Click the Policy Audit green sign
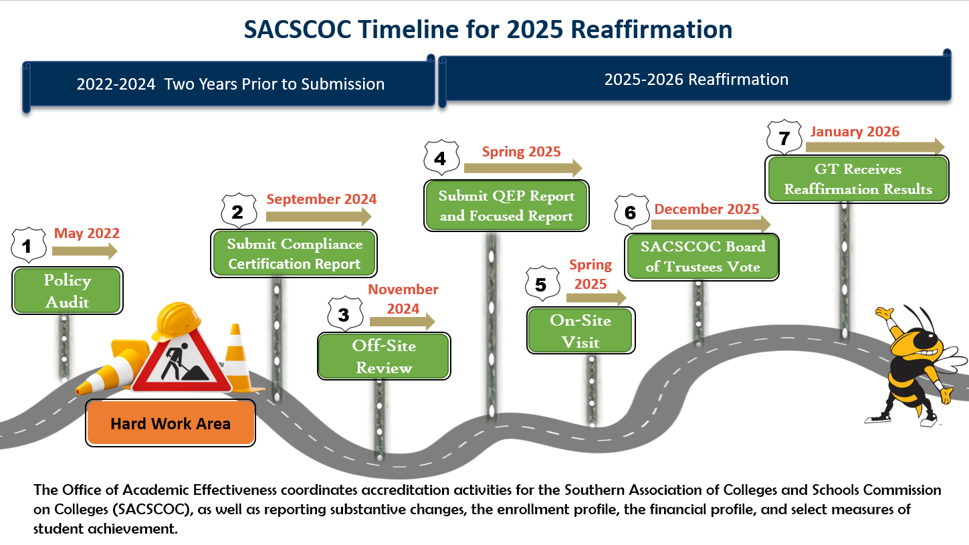[x=68, y=291]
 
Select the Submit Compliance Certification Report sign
[x=294, y=253]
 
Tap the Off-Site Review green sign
[x=384, y=356]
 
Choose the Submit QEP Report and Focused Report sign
[x=506, y=206]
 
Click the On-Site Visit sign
[x=580, y=331]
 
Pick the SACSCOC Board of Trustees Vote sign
[x=702, y=257]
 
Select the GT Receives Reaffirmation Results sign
[x=858, y=179]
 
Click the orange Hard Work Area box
[x=171, y=423]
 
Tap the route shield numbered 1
[x=27, y=245]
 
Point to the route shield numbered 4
[x=441, y=158]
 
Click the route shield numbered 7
[x=784, y=138]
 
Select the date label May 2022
[x=87, y=233]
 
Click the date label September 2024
[x=321, y=199]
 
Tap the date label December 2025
[x=707, y=209]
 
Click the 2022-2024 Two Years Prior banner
[x=230, y=84]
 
